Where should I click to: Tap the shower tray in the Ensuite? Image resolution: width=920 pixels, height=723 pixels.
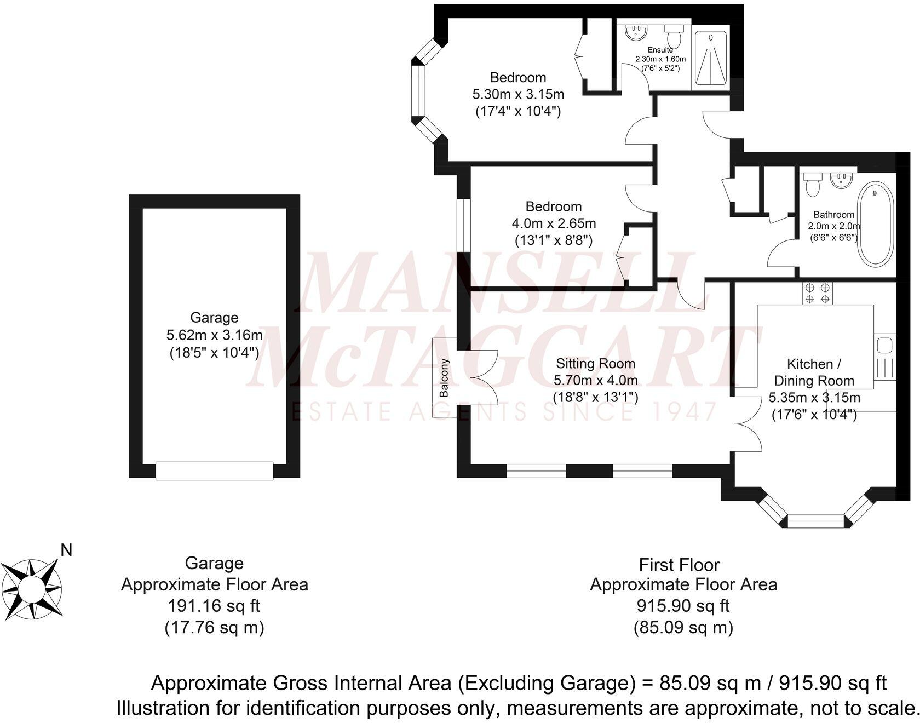710,59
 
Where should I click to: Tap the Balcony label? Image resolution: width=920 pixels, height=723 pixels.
444,378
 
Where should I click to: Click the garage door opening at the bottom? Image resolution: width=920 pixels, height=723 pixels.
214,470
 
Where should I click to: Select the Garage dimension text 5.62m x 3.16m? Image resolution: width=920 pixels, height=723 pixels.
214,335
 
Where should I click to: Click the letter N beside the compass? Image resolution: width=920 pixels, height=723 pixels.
66,550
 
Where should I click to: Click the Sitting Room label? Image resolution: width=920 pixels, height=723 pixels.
595,363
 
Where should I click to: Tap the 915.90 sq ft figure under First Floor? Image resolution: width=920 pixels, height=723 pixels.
683,606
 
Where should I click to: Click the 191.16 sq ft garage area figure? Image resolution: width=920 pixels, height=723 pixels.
214,606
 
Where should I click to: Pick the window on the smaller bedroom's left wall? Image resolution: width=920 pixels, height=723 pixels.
463,225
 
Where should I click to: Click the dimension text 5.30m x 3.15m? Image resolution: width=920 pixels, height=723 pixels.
518,94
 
